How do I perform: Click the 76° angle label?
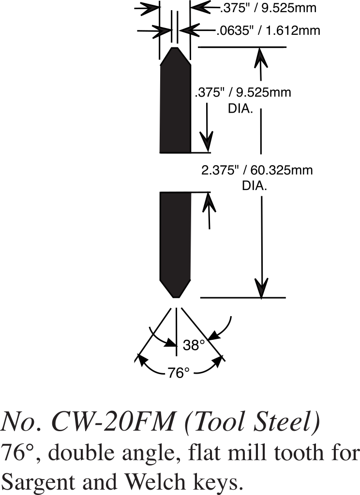179,373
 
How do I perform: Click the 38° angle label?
194,345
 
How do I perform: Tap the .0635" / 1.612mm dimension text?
268,31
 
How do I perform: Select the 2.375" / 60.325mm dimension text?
256,170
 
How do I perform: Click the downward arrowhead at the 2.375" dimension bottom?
262,290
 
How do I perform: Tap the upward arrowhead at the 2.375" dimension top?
261,56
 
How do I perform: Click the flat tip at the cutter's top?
175,48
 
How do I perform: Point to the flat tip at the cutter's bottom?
175,297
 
